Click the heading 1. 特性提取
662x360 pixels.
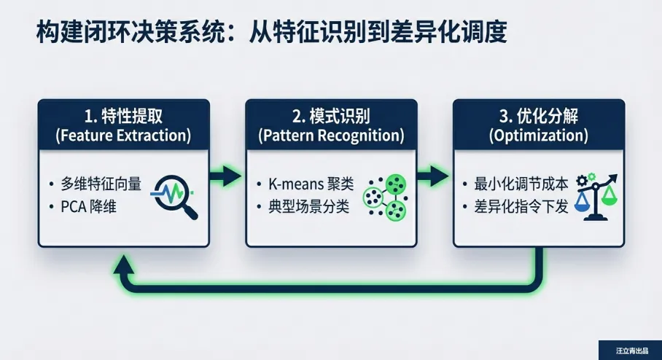123,115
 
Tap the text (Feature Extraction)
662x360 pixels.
123,135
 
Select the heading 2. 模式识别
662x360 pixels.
331,115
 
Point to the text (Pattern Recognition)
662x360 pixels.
331,135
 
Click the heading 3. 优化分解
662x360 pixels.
539,115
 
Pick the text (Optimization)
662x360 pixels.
539,135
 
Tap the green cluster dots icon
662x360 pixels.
384,196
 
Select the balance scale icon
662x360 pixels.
595,195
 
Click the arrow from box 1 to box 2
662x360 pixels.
226,175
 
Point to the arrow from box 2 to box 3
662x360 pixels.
434,175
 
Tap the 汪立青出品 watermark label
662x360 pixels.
629,351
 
